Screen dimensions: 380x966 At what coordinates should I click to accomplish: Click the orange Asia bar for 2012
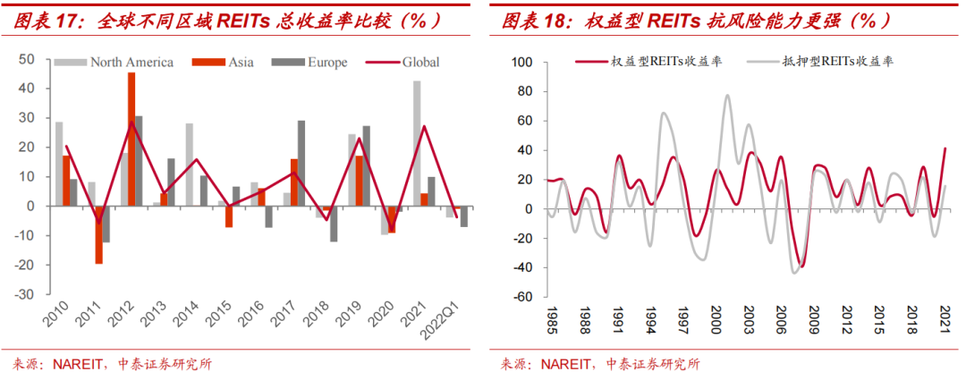pos(131,139)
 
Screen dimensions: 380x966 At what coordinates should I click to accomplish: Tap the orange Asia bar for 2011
pos(98,234)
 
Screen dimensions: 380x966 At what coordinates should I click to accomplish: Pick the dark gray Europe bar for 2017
pos(301,163)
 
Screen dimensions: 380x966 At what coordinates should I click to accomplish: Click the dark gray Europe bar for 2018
pos(334,224)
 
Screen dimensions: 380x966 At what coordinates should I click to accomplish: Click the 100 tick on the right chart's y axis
pos(521,63)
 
